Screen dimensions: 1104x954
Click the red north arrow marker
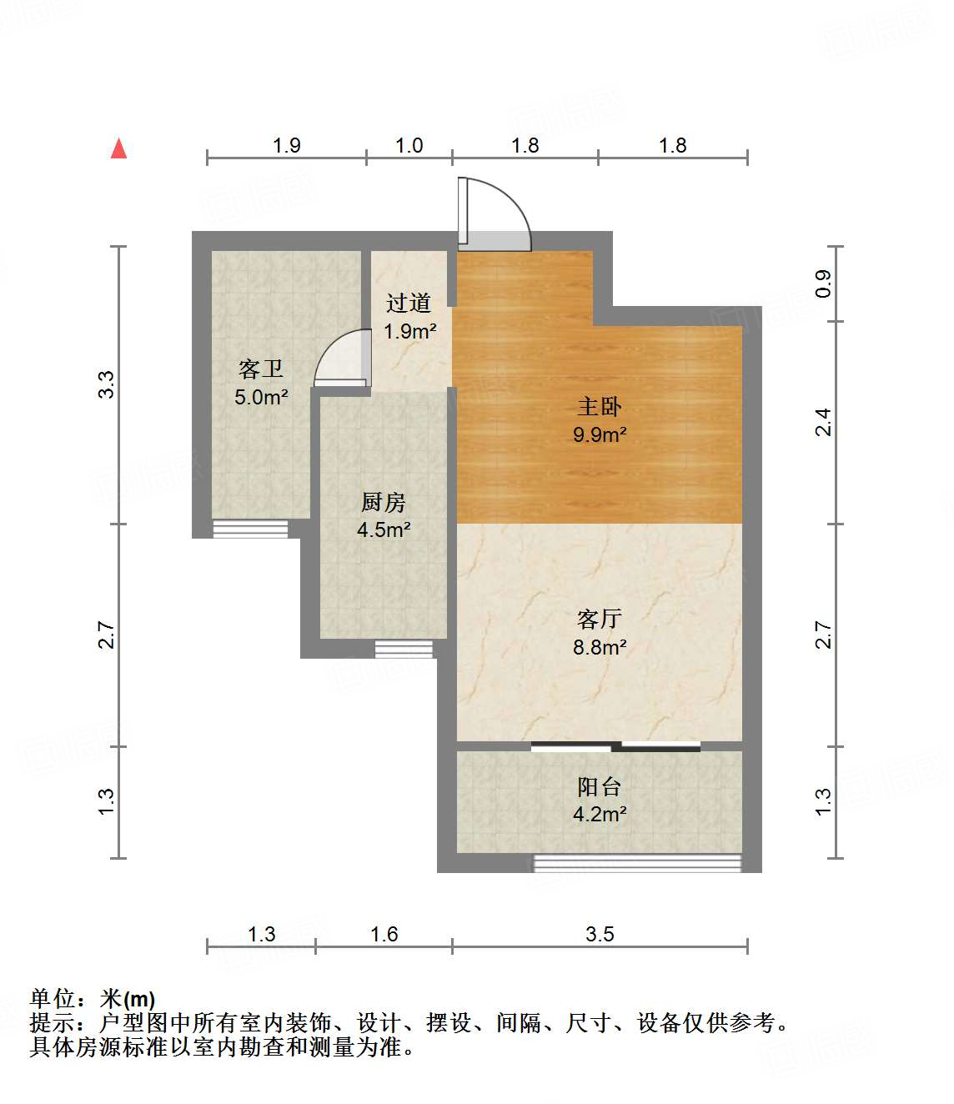click(119, 148)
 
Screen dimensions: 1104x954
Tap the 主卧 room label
click(599, 407)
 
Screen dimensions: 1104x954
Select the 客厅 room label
click(599, 619)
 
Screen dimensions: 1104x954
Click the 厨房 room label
click(383, 502)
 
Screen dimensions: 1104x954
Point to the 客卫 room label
click(260, 369)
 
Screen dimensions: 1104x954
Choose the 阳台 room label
click(599, 786)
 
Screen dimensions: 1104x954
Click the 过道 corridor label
click(409, 303)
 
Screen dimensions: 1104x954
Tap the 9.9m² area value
click(599, 434)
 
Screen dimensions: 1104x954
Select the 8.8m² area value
click(599, 647)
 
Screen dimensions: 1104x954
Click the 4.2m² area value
click(599, 814)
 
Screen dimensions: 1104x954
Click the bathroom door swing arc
click(342, 359)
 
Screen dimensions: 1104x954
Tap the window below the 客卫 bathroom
click(250, 529)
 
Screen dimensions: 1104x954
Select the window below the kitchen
click(404, 649)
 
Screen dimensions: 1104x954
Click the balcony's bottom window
click(637, 863)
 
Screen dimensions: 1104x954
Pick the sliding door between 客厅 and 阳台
click(615, 746)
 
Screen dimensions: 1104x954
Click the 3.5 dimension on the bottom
click(599, 934)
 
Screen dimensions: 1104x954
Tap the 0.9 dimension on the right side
click(823, 284)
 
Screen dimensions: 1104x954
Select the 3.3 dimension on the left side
click(106, 384)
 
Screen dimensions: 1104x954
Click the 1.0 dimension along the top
click(409, 145)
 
